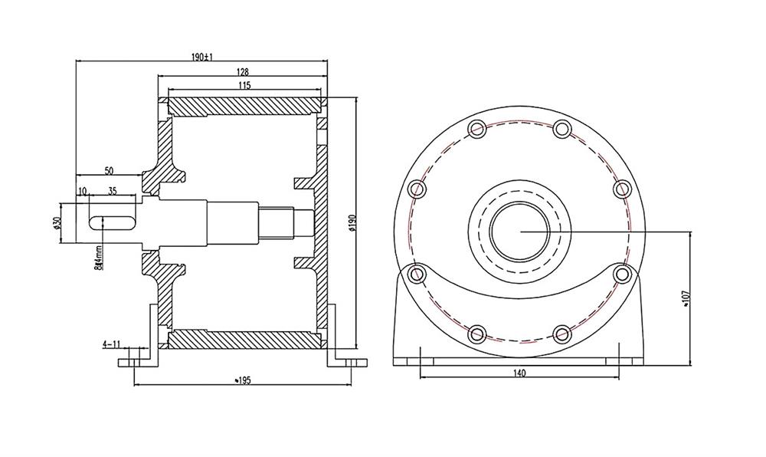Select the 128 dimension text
click(x=242, y=71)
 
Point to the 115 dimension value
click(x=244, y=86)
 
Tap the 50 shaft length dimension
click(x=109, y=169)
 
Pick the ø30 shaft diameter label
click(x=57, y=222)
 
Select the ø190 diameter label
click(x=352, y=222)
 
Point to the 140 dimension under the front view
click(x=519, y=373)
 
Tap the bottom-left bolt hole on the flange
click(x=477, y=333)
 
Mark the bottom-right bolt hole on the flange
click(x=562, y=333)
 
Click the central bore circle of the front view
click(x=519, y=230)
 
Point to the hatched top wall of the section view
click(x=244, y=105)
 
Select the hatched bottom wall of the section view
click(x=244, y=338)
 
